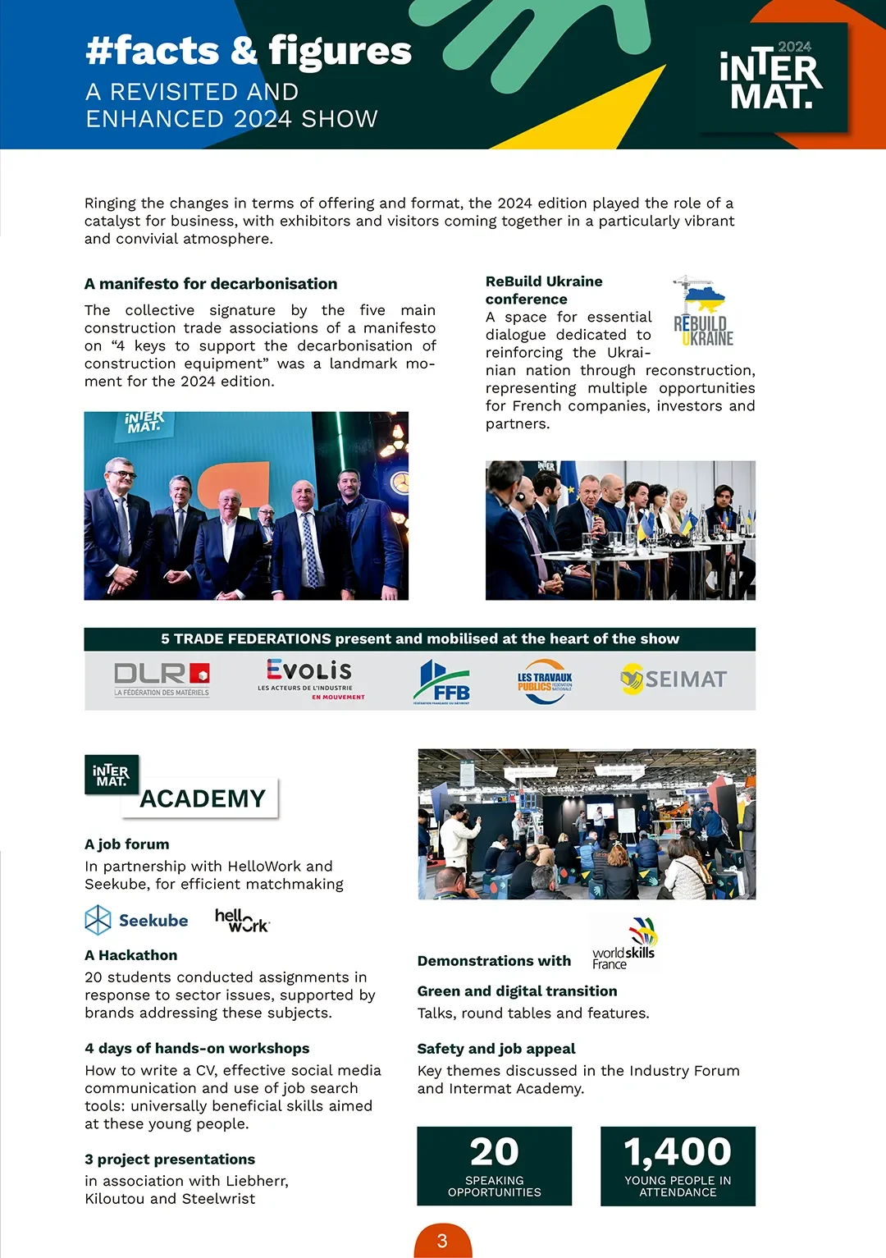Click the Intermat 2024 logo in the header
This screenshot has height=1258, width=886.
(770, 77)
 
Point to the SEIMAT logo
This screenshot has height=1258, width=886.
(674, 679)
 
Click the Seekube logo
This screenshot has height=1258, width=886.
(137, 920)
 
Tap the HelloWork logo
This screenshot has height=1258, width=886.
(242, 920)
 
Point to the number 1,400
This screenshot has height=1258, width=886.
(678, 1151)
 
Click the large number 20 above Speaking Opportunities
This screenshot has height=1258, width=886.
(494, 1151)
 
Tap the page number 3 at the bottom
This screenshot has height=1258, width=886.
(442, 1241)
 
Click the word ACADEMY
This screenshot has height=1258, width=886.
(203, 798)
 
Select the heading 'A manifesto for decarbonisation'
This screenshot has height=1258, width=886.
(211, 284)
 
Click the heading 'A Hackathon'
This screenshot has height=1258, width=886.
(131, 955)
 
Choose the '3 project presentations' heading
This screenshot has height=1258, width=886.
(170, 1160)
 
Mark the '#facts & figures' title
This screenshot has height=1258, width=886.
(249, 51)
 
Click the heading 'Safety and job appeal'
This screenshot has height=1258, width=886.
(496, 1049)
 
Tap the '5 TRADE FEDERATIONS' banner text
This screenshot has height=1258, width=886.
(420, 639)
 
